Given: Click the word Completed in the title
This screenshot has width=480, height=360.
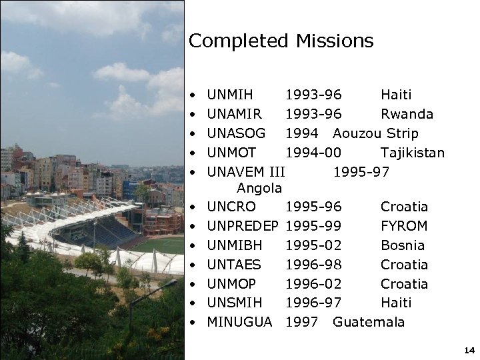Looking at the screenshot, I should [237, 41].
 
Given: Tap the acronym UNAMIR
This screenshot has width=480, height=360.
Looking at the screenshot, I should [235, 114].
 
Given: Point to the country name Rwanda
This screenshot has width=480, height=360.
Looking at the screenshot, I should [407, 114].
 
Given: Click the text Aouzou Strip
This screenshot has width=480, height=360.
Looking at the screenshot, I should [375, 133].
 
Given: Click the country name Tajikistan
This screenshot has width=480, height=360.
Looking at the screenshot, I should [412, 153].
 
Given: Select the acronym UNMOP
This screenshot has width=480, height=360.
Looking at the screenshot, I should [231, 284].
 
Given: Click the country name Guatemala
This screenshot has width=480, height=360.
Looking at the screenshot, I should [368, 322].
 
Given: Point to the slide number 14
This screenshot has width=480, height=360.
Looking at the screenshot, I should [468, 350].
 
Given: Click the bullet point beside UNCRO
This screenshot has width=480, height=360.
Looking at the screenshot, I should [192, 207].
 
